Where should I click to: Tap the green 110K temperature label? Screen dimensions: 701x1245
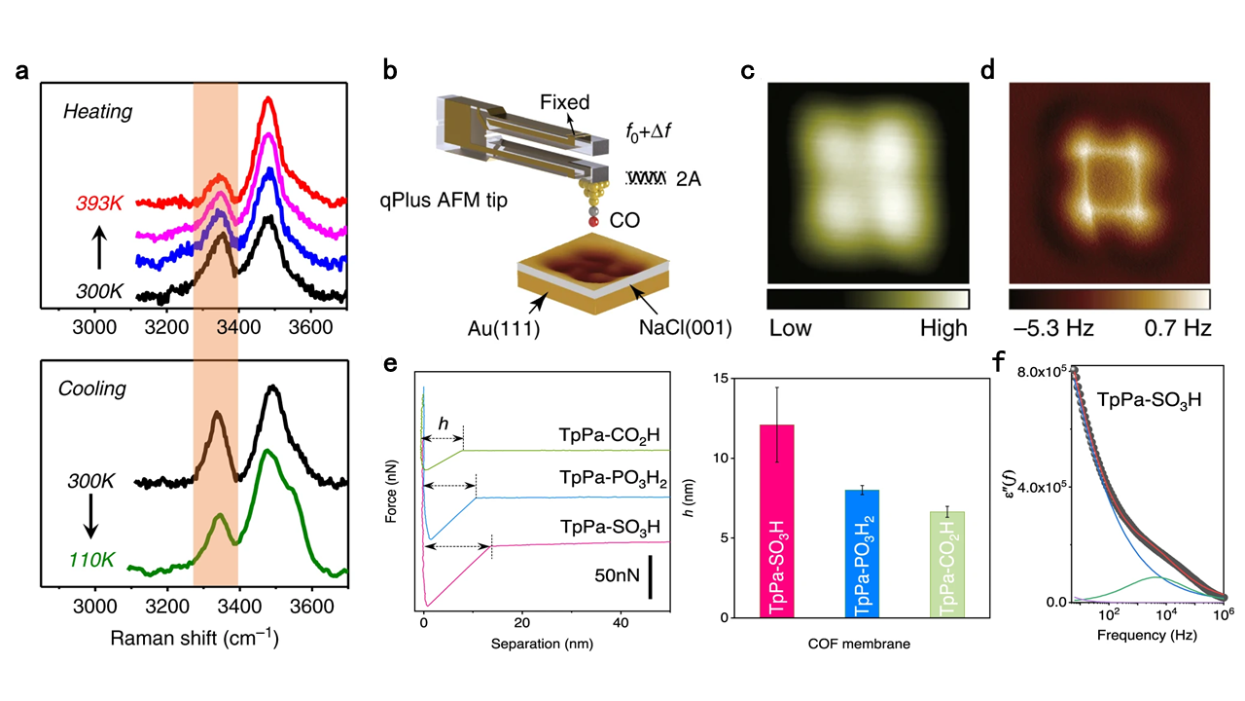pos(92,561)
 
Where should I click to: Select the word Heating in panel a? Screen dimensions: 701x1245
pos(97,112)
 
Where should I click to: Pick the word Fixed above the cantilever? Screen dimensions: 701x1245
pos(565,101)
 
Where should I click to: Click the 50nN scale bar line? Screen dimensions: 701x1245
pos(649,576)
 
